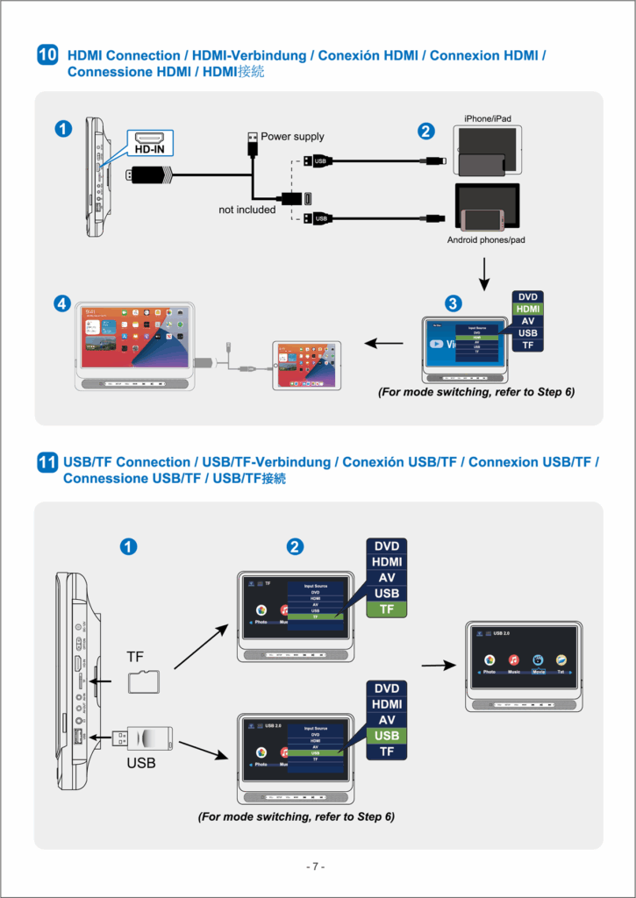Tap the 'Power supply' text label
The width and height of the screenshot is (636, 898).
(x=292, y=137)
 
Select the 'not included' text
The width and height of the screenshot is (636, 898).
(x=247, y=210)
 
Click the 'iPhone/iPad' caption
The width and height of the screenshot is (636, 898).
(x=488, y=118)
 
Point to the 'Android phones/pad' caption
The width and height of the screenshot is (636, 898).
(x=486, y=240)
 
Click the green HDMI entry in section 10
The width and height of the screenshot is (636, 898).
(x=528, y=309)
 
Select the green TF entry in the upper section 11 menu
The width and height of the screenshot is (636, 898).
(x=387, y=609)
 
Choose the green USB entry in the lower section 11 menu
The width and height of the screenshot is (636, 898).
(x=387, y=736)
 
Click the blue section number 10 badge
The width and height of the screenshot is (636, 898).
(x=47, y=55)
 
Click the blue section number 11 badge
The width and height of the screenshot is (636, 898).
(x=47, y=462)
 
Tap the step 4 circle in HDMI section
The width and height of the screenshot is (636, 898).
(x=62, y=303)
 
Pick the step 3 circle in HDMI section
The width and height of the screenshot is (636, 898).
(x=453, y=303)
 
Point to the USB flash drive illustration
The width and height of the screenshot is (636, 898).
(x=149, y=738)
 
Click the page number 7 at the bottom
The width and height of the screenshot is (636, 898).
(x=317, y=866)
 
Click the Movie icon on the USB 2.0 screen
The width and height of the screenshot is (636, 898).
(x=538, y=659)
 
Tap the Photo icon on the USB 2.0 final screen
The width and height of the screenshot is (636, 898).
(x=490, y=659)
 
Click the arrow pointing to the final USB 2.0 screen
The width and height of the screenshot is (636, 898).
(x=438, y=665)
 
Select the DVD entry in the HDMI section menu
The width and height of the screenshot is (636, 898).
(x=528, y=296)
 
